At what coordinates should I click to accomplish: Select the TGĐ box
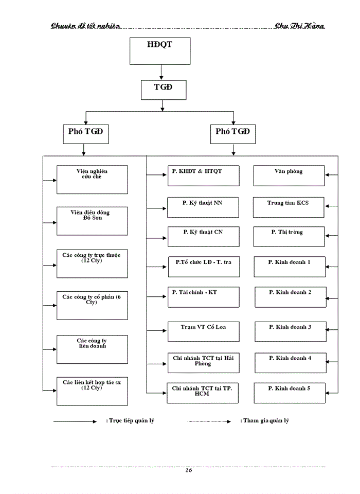(163, 90)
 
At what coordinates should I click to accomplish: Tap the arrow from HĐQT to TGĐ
(161, 71)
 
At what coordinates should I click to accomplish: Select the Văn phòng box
(289, 175)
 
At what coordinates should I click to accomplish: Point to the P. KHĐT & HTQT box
(203, 175)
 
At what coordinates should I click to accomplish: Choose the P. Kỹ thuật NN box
(203, 207)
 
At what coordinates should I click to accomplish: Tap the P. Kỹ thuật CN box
(203, 236)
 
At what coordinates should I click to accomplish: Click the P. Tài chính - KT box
(203, 297)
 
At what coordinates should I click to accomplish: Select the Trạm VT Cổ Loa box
(203, 331)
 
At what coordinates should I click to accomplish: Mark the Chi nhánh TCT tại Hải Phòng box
(203, 362)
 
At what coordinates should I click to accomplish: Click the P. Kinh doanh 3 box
(290, 331)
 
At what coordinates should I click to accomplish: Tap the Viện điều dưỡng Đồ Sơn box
(92, 221)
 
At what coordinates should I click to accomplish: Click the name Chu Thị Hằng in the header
(299, 26)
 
